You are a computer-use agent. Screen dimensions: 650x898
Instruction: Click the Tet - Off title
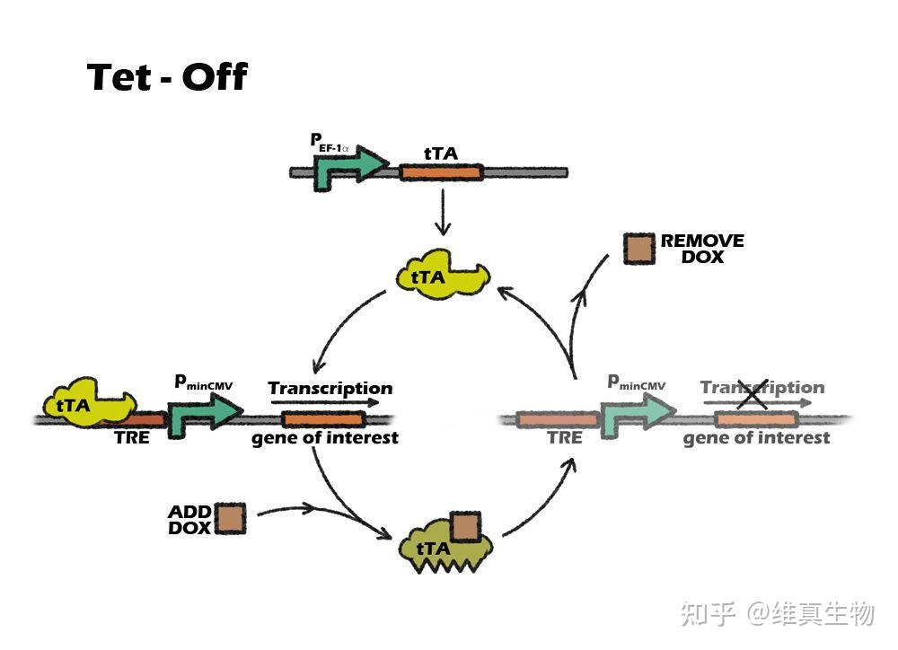(167, 78)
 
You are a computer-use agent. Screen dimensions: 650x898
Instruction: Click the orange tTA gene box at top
(441, 171)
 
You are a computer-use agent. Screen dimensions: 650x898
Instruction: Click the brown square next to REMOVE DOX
(639, 248)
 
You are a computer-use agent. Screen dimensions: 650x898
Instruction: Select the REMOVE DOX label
(702, 249)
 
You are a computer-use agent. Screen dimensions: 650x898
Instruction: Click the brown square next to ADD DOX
(231, 519)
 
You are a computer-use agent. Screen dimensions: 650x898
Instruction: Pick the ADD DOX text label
(189, 520)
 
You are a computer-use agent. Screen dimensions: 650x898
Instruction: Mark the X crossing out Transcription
(753, 392)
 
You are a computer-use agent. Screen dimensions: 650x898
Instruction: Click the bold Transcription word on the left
(330, 389)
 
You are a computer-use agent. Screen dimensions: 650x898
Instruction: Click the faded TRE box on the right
(558, 419)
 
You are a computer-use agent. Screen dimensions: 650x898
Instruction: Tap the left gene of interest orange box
(324, 419)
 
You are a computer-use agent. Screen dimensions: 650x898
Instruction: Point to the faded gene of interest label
(756, 438)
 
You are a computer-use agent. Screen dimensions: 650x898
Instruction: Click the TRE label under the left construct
(132, 438)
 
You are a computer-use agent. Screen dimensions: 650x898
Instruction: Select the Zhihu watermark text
(778, 614)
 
